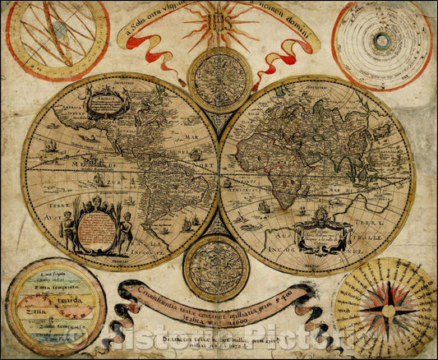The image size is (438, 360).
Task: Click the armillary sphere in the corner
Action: pos(56,39)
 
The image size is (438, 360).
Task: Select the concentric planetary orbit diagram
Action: pos(380,41)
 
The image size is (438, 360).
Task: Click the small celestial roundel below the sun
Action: pos(219,80)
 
